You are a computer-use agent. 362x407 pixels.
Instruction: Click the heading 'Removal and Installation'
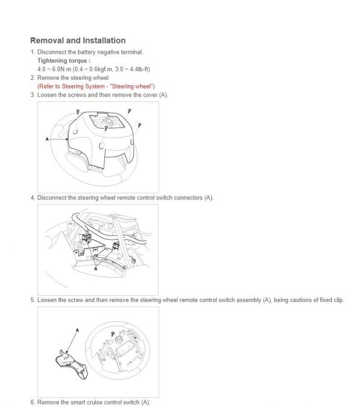tap(78, 40)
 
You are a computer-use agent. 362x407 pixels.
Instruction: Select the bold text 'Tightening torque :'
tap(64, 61)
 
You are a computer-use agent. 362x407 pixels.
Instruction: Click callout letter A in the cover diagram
tap(47, 139)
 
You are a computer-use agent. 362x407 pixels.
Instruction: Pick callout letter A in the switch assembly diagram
tap(77, 331)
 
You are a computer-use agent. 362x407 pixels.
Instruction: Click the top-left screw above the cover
tap(79, 112)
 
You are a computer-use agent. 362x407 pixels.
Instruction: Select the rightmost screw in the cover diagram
tap(139, 124)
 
